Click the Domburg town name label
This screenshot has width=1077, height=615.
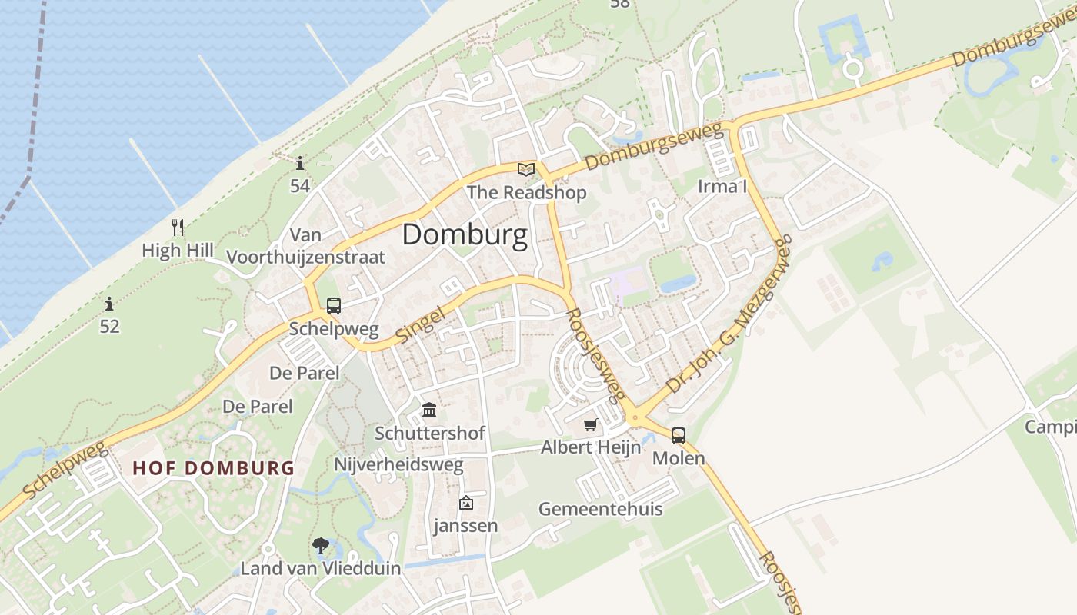[465, 235]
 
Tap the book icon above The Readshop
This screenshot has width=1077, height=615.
[526, 169]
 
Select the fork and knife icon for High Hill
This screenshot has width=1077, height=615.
[178, 227]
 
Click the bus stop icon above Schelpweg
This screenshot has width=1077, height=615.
[334, 305]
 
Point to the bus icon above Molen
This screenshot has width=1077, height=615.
[678, 435]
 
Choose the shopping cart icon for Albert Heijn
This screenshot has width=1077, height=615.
[590, 424]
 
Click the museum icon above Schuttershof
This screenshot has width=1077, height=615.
[429, 410]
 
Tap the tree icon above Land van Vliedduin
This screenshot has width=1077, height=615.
[321, 546]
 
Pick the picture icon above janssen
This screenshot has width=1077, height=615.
[465, 503]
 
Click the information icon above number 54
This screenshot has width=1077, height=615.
[300, 163]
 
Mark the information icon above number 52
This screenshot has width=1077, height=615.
[109, 304]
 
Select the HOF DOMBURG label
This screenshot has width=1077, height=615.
[214, 467]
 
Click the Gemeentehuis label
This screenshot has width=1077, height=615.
[600, 509]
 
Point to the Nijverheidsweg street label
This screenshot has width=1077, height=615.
[398, 465]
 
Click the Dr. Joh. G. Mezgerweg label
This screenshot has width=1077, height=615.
[729, 315]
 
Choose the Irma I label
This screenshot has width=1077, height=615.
[722, 186]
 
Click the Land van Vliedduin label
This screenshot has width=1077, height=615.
[321, 569]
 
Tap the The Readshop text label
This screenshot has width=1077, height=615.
[526, 192]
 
